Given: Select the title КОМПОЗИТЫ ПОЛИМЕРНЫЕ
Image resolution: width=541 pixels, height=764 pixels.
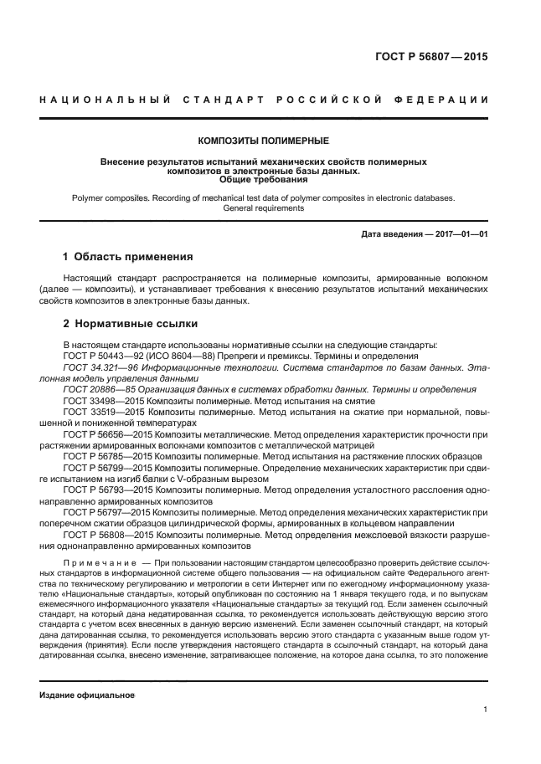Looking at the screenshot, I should (x=263, y=141).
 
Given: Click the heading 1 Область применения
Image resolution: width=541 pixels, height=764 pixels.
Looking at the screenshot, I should (x=128, y=256).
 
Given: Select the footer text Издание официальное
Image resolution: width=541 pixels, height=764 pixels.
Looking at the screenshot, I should (x=87, y=696).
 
